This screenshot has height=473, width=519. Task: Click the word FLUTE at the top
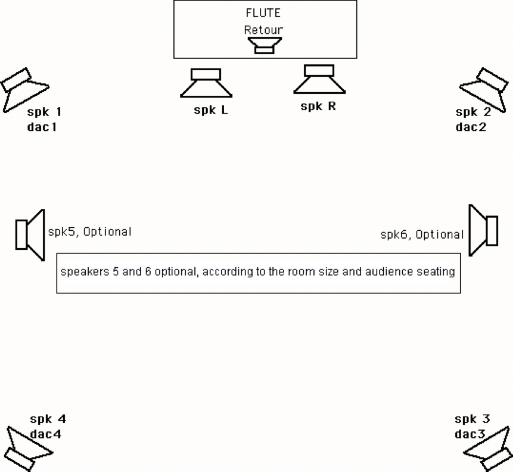click(263, 13)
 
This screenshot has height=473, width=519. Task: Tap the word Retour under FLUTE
click(263, 30)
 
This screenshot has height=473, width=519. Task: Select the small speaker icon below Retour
click(265, 45)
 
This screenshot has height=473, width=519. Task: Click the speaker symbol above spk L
click(206, 83)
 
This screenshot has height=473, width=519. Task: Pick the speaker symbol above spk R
click(319, 79)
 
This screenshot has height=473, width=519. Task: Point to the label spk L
click(211, 110)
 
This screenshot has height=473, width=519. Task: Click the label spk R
click(318, 106)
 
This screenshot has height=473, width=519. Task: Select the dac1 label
click(42, 127)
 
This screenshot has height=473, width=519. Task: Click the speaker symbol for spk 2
click(484, 90)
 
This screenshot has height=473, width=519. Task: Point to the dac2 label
click(471, 127)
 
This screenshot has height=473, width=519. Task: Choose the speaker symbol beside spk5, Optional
click(30, 235)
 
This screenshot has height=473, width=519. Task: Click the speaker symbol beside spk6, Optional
click(483, 230)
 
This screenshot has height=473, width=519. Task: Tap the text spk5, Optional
click(90, 231)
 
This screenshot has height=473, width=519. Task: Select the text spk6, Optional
click(422, 234)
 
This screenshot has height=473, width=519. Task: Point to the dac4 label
click(46, 434)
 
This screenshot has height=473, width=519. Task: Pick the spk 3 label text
click(472, 419)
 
